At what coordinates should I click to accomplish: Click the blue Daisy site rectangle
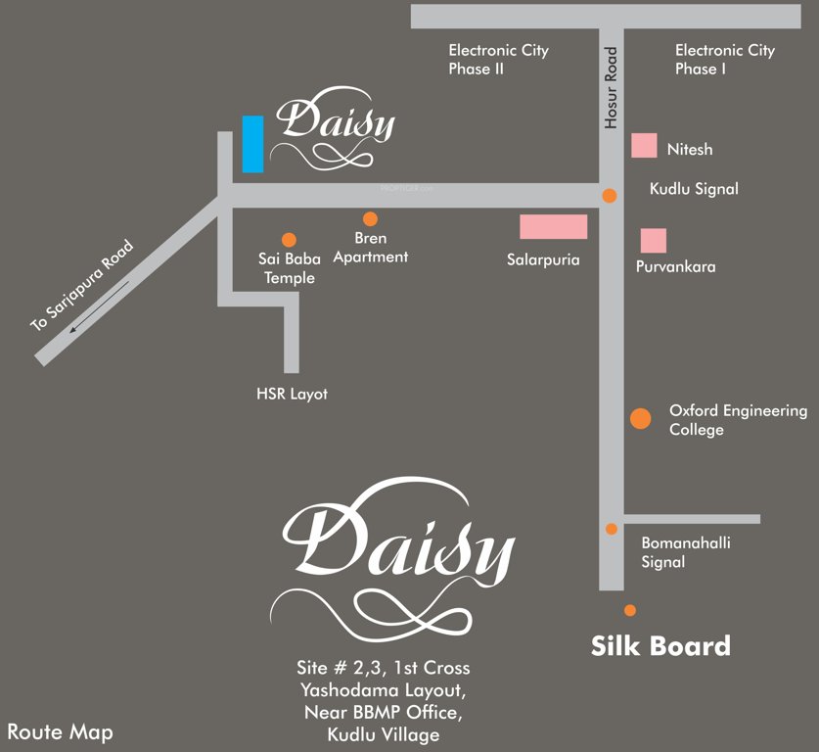point(252,144)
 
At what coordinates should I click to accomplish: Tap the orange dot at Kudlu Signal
point(610,196)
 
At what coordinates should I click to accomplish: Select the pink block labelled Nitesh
point(644,145)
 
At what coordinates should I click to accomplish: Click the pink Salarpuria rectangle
point(553,227)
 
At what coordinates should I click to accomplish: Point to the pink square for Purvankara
point(654,240)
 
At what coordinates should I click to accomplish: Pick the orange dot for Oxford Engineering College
point(640,419)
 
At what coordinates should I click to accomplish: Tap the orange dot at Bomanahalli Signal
point(612,529)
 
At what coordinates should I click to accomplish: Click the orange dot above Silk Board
point(630,610)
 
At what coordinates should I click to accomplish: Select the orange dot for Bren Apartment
point(370,219)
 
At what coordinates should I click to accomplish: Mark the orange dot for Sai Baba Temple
point(289,239)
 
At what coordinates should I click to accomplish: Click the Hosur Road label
point(612,92)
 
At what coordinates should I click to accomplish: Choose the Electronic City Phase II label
point(498,60)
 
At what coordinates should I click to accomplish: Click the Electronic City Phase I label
point(724,60)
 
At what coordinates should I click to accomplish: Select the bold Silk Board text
point(660,646)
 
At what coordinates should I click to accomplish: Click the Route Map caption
point(60,731)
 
